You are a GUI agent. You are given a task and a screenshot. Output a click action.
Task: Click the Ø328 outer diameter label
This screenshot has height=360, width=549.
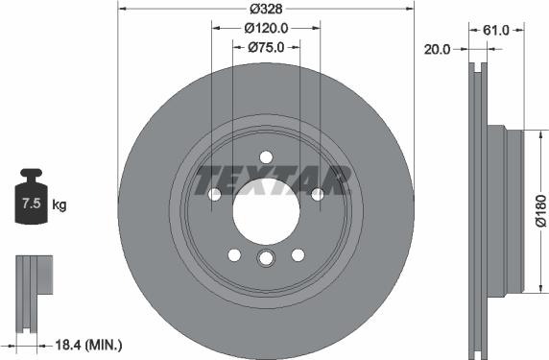266,8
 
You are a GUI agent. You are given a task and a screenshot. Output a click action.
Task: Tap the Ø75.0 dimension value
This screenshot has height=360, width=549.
266,46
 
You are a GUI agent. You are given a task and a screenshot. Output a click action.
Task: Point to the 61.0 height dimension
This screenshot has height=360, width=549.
495,30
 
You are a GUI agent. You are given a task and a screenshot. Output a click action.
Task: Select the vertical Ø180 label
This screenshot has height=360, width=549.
539,210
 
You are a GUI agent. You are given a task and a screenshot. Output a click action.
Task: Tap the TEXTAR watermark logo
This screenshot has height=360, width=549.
272,180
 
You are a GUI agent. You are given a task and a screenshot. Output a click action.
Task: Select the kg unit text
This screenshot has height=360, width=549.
60,204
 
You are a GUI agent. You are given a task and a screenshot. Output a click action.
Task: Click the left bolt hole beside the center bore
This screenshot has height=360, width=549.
214,195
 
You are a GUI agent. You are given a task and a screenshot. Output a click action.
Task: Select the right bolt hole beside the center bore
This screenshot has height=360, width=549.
318,195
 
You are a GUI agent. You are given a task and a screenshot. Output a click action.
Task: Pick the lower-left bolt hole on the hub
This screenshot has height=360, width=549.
234,254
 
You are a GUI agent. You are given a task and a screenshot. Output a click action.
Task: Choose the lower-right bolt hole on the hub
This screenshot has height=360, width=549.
298,254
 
